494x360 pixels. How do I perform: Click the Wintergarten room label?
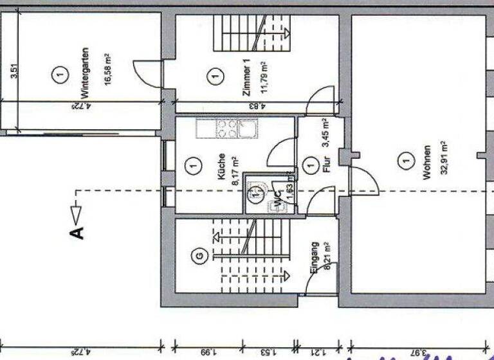pyautogui.click(x=85, y=75)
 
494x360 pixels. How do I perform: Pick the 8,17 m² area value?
pyautogui.click(x=234, y=168)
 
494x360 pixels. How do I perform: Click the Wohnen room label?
pyautogui.click(x=426, y=166)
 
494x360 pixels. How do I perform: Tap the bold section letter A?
pyautogui.click(x=77, y=231)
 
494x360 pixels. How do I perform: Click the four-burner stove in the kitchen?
pyautogui.click(x=226, y=129)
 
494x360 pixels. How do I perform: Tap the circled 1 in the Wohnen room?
pyautogui.click(x=405, y=157)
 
